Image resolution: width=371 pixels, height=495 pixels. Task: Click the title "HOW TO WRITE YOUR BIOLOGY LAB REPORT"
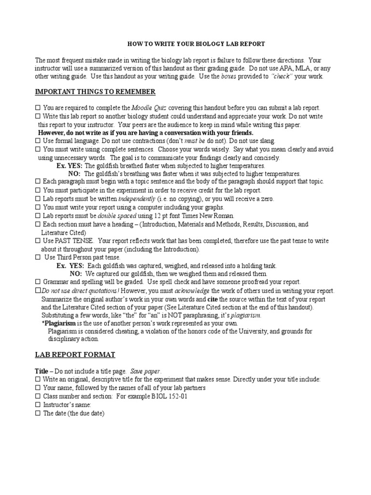196,44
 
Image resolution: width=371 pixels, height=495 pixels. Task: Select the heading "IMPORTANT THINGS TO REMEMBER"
95,92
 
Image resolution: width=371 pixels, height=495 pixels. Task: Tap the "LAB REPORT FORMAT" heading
75,354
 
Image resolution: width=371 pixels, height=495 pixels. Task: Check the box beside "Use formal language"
38,140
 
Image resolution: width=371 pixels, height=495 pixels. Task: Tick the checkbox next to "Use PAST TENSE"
38,240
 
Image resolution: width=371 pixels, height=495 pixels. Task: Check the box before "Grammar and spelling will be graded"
38,282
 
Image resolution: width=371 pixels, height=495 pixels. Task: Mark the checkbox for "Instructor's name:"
38,405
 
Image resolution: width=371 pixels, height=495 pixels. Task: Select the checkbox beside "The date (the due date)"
38,413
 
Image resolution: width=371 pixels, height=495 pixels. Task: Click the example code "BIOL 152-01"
171,396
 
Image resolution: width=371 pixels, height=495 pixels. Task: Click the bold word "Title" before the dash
42,371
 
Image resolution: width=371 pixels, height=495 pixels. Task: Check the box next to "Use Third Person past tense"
38,257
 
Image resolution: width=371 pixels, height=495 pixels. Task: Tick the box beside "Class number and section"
38,396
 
